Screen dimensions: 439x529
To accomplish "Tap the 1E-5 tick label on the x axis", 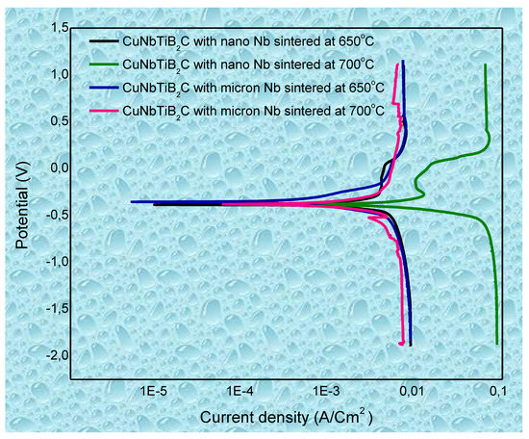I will pos(154,392).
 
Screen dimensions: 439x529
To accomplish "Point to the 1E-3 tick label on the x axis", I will pos(326,392).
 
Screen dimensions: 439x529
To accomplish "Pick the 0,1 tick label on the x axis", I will pos(498,392).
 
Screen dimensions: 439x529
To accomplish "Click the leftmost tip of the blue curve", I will pos(132,202).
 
